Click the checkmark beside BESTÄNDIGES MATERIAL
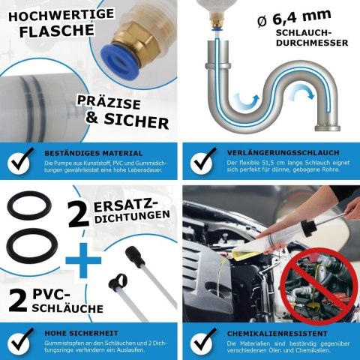point(22,159)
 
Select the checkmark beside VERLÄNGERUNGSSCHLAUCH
point(202,159)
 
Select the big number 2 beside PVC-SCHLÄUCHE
point(16,300)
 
